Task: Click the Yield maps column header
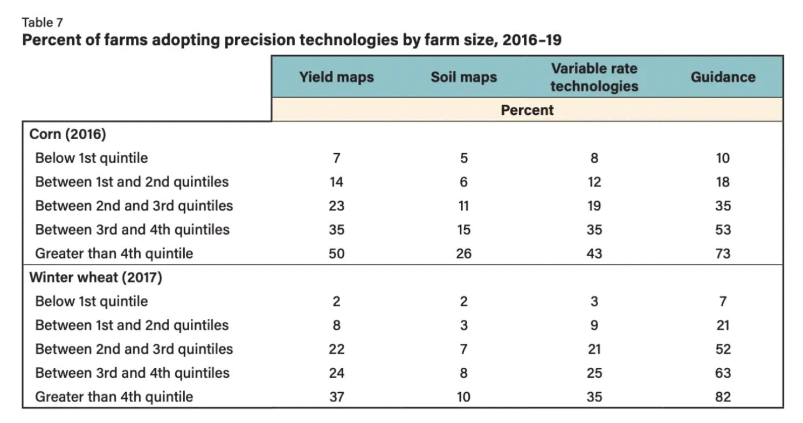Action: (336, 77)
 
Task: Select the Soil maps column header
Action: (463, 77)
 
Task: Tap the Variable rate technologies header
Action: (594, 77)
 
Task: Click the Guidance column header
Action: (723, 77)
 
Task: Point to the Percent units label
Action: (527, 110)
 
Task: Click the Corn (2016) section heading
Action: (67, 134)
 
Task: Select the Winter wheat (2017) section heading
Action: (95, 277)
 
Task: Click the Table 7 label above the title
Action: (42, 23)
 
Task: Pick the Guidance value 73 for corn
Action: (723, 254)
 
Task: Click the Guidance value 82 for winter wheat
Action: (723, 397)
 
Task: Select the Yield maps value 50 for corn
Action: (336, 254)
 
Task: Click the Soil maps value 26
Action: (463, 254)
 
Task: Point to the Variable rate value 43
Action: (594, 254)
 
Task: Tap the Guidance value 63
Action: (723, 373)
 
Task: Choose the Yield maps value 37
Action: (336, 397)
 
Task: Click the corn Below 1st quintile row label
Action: (91, 158)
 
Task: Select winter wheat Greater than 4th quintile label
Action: (114, 397)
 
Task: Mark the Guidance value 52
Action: (723, 349)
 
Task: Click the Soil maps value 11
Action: (463, 206)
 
